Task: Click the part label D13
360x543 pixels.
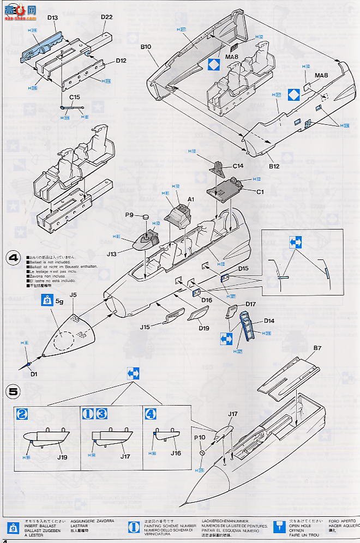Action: click(52, 18)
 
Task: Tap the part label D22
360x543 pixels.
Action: click(106, 18)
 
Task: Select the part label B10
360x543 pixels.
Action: click(145, 47)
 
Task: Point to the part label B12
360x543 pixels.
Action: click(273, 166)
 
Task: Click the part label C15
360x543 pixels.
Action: click(75, 98)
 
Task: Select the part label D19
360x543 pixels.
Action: click(203, 328)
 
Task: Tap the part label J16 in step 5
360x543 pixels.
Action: click(175, 452)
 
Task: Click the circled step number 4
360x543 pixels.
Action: click(13, 258)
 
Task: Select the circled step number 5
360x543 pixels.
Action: click(13, 391)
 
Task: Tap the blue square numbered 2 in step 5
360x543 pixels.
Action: click(22, 413)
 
